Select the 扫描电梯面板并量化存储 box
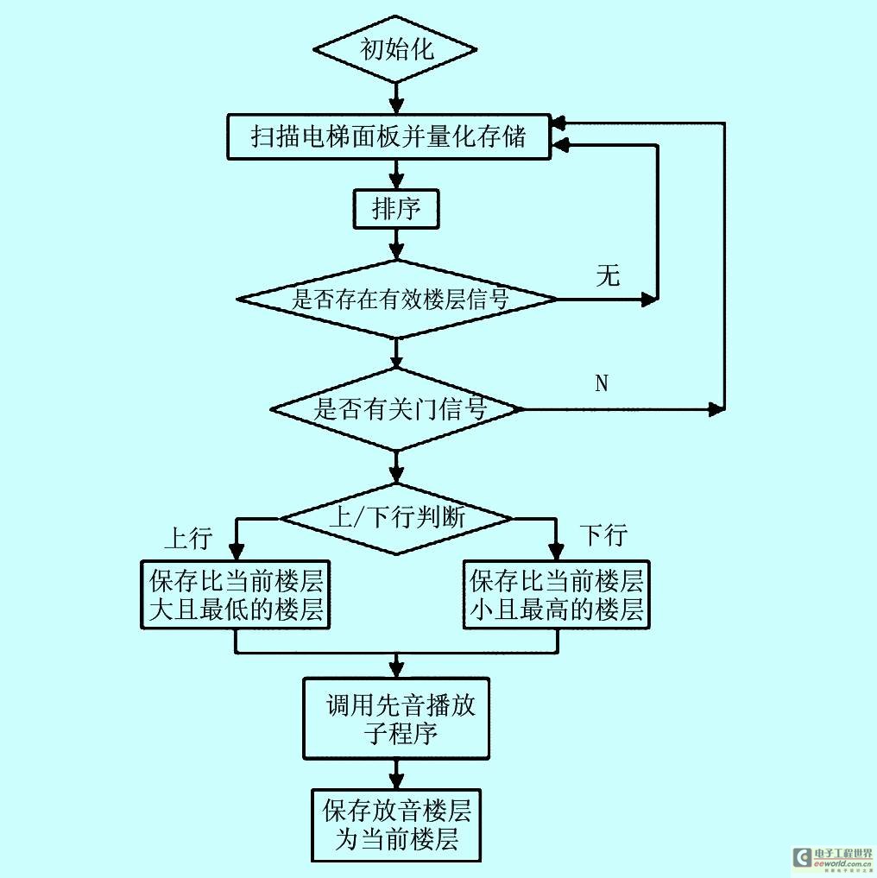coord(388,136)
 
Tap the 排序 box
coord(396,209)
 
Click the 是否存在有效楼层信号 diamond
coord(397,300)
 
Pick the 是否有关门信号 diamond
coord(396,409)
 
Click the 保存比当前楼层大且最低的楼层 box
coord(237,595)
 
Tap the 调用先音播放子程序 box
coord(396,718)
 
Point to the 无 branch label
coord(608,276)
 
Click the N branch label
coord(602,383)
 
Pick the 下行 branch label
coord(603,535)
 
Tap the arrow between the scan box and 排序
coord(396,174)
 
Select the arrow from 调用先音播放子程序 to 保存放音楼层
coord(396,772)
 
